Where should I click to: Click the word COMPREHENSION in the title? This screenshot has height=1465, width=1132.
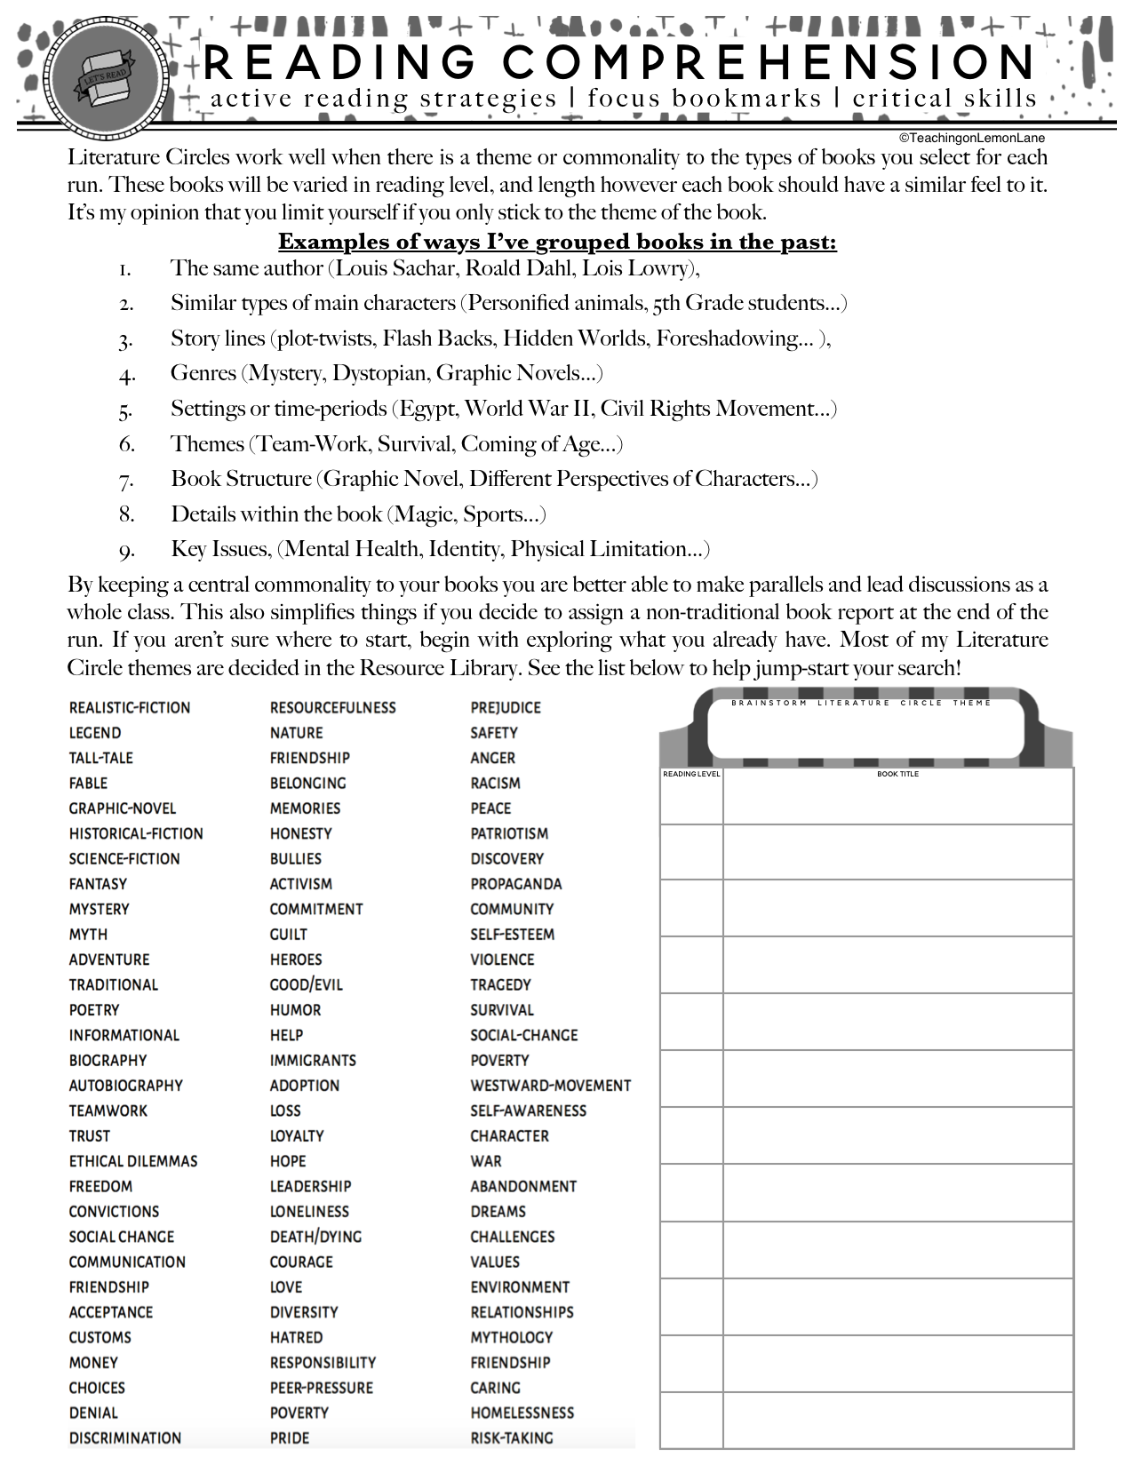769,62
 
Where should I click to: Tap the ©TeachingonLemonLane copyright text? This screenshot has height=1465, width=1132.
971,138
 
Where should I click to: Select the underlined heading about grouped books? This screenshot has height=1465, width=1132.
557,242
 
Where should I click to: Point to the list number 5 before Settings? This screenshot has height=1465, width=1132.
126,410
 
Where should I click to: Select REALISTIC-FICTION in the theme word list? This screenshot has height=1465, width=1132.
130,708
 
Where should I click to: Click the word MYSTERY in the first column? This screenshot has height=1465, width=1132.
100,910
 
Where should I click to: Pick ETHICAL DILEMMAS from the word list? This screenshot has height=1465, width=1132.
133,1161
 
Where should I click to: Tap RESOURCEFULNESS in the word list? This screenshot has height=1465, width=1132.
333,708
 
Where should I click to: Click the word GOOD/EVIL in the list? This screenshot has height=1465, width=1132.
307,985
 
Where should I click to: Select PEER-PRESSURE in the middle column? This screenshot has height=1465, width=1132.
322,1388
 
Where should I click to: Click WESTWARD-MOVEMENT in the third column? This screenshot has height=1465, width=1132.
551,1086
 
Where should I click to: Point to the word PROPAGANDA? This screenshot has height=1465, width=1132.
516,884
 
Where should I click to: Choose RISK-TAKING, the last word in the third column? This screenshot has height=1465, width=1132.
512,1438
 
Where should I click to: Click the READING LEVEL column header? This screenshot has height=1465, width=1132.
691,774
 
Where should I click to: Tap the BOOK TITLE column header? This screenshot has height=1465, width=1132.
897,774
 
